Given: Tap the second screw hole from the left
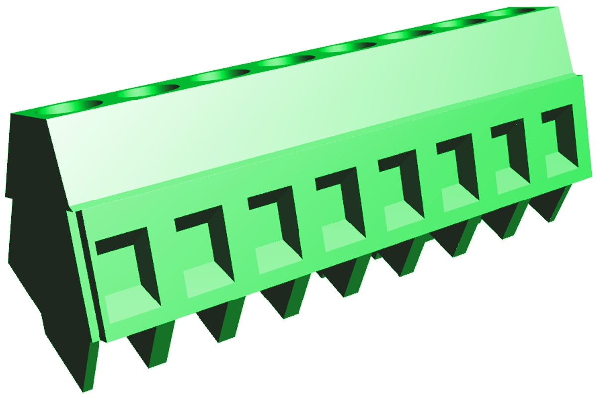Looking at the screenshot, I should (150, 90).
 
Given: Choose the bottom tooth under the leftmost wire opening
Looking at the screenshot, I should (149, 348).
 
